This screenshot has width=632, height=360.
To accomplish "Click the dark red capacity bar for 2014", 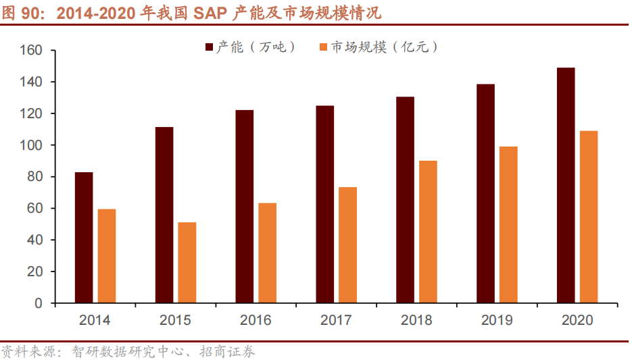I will [84, 238].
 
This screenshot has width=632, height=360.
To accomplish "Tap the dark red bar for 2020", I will [566, 186].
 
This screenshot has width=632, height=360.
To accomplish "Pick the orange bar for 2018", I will [428, 232].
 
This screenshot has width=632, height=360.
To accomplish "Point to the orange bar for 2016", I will [267, 253].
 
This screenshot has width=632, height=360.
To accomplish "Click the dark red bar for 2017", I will [324, 205].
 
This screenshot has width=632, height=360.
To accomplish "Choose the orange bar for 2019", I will [508, 225].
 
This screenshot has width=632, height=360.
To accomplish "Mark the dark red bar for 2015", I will [164, 215].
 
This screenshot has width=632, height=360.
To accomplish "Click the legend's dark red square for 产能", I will [209, 47].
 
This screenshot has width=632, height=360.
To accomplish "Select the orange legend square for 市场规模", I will [323, 47].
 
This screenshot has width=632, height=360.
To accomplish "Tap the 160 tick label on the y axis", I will [32, 51].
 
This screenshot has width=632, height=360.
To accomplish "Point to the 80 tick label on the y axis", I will [35, 177].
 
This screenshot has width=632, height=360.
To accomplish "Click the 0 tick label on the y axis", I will [39, 303].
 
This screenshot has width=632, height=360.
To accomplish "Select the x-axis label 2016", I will [256, 320].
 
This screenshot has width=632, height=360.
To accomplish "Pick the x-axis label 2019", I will [497, 320].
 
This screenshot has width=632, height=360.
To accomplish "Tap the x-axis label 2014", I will [95, 320].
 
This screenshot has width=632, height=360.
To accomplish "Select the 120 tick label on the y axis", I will [32, 113].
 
